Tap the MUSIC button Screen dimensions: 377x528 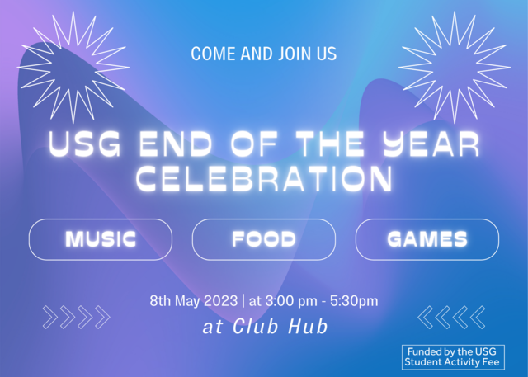(x=101, y=240)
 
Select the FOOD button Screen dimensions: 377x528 (x=264, y=240)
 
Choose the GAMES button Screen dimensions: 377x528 (x=427, y=240)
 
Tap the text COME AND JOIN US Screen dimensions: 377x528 (x=264, y=54)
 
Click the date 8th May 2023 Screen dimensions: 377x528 (x=192, y=300)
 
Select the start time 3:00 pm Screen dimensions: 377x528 (x=292, y=300)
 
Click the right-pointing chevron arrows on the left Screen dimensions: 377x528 (x=76, y=317)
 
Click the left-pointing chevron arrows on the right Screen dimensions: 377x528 (x=452, y=317)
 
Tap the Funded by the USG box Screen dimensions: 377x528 (x=452, y=356)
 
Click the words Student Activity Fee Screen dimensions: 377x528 (x=452, y=362)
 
